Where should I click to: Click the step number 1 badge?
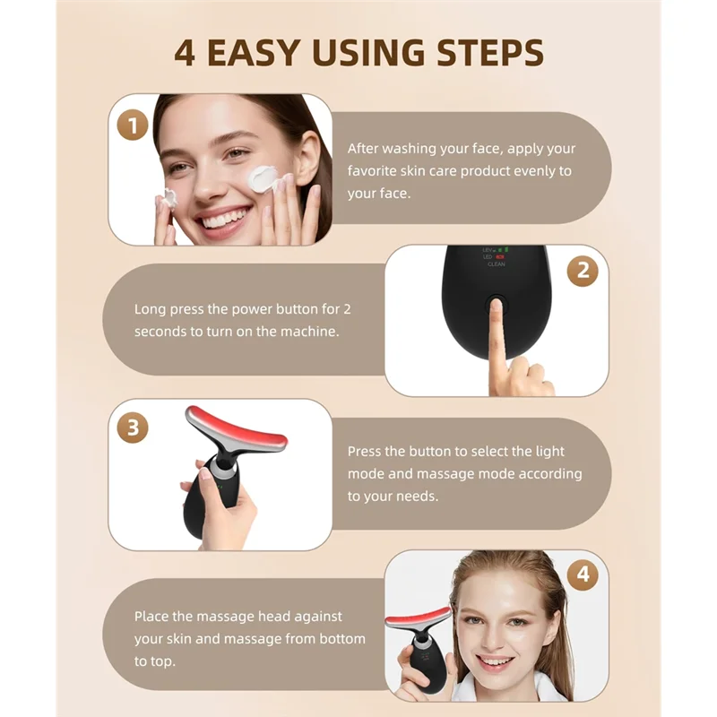tap(134, 125)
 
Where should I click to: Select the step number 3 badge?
tap(134, 428)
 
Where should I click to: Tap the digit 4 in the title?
tap(185, 52)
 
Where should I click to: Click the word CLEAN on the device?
tap(496, 264)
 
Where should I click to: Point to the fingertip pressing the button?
tap(496, 310)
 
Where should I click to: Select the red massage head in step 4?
tap(418, 618)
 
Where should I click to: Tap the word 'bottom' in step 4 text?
tap(342, 638)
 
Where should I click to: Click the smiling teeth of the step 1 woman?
tap(223, 215)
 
